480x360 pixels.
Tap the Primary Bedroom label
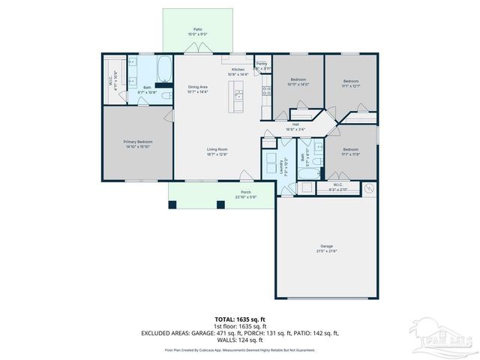138,142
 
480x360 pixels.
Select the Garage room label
326,246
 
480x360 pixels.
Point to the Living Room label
217,149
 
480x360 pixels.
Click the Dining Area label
198,87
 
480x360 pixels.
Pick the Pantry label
262,64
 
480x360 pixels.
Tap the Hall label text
295,124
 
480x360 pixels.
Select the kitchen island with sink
239,95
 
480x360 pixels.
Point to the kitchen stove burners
266,91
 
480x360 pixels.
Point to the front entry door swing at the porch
245,177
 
